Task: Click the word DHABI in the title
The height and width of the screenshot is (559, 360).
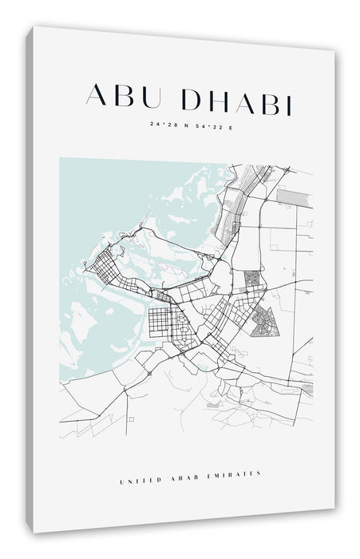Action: click(237, 100)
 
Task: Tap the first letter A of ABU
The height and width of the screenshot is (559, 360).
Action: click(97, 96)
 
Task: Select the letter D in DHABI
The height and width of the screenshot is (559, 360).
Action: click(193, 99)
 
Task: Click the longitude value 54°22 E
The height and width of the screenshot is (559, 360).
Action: click(211, 125)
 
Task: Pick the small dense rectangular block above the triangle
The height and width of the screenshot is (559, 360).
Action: click(252, 279)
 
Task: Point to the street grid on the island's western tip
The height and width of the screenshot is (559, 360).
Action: click(104, 261)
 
